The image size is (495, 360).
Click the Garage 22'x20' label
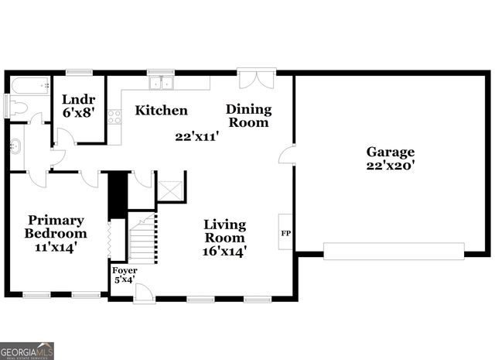coord(390,159)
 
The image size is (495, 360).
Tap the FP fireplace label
coord(286,234)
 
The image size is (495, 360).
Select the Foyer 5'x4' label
coord(125,275)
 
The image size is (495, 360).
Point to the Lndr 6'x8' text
coord(79,106)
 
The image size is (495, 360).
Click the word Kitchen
coord(162,110)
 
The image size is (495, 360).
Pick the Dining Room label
coord(249,115)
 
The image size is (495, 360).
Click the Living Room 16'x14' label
coord(224,238)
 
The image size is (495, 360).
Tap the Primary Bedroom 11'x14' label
coord(56,234)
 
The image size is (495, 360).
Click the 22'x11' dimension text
coord(197,137)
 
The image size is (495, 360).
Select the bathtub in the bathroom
coord(30,85)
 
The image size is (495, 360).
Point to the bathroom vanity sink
coord(15,146)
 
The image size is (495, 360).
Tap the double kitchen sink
coord(162,83)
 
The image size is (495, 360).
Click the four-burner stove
coord(114,117)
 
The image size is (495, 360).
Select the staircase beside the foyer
coord(143,238)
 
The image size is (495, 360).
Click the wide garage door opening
coord(394,252)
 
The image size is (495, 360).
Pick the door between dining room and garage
coord(287,155)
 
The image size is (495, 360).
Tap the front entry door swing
coord(144,293)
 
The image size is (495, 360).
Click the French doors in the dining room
coord(256,81)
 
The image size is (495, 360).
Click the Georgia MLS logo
coord(27,351)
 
